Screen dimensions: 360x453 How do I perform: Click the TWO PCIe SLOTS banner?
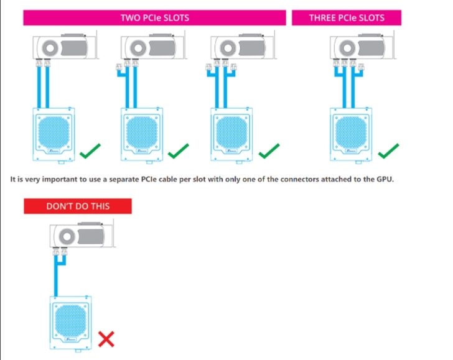pyautogui.click(x=155, y=17)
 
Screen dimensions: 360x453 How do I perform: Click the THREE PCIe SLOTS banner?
pyautogui.click(x=347, y=17)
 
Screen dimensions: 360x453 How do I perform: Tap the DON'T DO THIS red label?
pyautogui.click(x=77, y=206)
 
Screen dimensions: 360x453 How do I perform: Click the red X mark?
pyautogui.click(x=107, y=338)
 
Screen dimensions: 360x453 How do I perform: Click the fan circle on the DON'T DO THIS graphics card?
pyautogui.click(x=67, y=236)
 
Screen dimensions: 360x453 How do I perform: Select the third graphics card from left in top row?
pyautogui.click(x=232, y=46)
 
